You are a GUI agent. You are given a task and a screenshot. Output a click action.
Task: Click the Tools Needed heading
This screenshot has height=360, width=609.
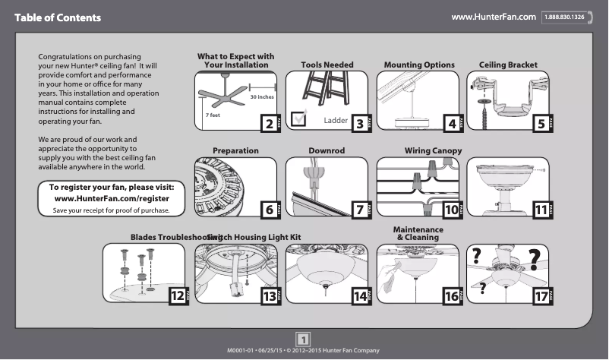327,65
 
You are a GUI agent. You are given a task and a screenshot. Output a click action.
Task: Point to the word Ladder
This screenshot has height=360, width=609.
335,120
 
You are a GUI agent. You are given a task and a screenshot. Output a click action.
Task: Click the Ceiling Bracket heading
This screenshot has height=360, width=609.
508,65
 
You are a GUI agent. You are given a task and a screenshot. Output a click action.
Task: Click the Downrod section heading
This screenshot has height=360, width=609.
327,151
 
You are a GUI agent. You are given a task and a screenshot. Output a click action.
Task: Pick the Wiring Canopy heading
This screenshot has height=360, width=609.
432,151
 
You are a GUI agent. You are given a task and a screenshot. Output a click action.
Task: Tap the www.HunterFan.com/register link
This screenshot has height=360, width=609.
112,198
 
